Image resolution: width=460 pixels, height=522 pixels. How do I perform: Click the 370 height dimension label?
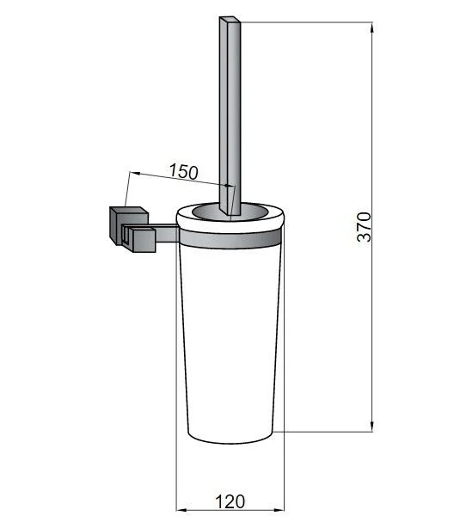point(364,226)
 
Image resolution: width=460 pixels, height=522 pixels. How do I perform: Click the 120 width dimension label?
point(230,502)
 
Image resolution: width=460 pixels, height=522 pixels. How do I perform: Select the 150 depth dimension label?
point(184,171)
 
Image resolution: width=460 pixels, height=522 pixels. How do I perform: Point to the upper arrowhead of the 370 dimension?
point(372,27)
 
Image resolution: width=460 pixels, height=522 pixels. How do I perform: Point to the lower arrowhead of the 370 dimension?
point(372,427)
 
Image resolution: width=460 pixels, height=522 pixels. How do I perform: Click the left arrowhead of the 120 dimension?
point(181,519)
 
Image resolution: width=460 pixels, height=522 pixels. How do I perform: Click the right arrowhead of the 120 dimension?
point(279,519)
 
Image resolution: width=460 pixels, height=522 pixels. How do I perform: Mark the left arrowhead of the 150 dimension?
point(134,173)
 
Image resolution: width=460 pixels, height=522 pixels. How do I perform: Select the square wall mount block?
point(128,226)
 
